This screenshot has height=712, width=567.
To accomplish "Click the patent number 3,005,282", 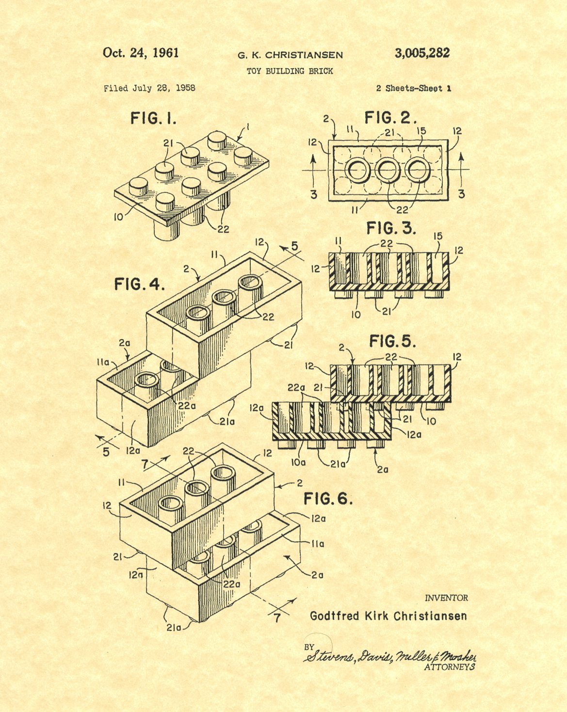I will [x=422, y=53].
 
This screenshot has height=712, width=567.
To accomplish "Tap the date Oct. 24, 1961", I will [x=141, y=53].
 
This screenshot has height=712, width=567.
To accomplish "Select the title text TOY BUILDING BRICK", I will [x=290, y=71].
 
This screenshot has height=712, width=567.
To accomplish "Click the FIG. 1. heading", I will [x=153, y=118].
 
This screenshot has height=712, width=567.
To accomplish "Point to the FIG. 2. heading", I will [x=390, y=117].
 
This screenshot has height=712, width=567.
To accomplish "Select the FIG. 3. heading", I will [x=391, y=228].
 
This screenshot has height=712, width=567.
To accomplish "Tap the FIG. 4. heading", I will [x=140, y=284].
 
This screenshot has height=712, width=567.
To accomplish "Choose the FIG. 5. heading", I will [x=392, y=341].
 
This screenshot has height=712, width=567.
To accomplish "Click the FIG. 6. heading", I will [x=328, y=499].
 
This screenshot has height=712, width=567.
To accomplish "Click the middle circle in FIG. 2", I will [x=387, y=170].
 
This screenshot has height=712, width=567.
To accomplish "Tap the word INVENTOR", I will [x=446, y=598].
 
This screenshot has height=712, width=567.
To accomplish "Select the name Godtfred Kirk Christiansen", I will [x=388, y=616].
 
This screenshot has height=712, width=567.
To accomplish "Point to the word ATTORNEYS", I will [x=449, y=667].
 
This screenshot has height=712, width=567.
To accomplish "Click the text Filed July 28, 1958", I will [x=149, y=88].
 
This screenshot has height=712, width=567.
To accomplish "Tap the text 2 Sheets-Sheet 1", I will [x=414, y=88].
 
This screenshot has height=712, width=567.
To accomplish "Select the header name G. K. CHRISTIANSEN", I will [x=290, y=55].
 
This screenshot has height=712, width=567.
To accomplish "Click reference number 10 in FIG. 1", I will [x=118, y=217].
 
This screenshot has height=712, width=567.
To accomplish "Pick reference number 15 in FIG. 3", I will [x=438, y=237].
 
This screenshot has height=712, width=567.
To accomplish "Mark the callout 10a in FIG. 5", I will [x=298, y=462].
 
